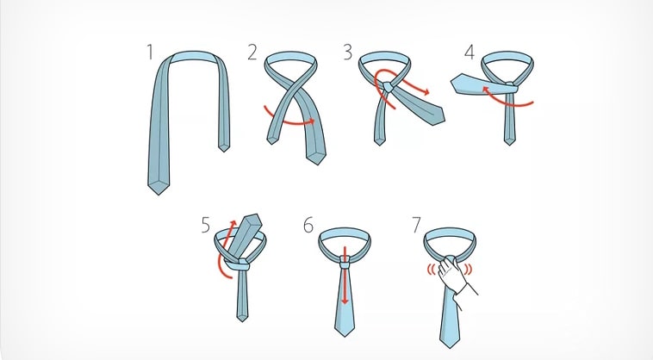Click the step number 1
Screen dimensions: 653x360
pyautogui.click(x=150, y=53)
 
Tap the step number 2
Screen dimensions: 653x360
pyautogui.click(x=252, y=53)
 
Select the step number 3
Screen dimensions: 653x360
pyautogui.click(x=348, y=53)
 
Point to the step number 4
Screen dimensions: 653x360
pyautogui.click(x=470, y=53)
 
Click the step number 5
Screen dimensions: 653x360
pyautogui.click(x=206, y=225)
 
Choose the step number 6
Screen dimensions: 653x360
pyautogui.click(x=308, y=225)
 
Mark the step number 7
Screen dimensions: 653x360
pyautogui.click(x=416, y=225)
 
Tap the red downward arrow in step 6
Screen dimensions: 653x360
pyautogui.click(x=345, y=276)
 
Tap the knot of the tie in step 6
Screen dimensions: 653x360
pyautogui.click(x=345, y=262)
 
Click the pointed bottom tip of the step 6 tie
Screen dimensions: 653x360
pyautogui.click(x=345, y=335)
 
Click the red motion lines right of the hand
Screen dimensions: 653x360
pyautogui.click(x=469, y=270)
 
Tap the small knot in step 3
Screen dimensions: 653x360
pyautogui.click(x=389, y=87)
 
